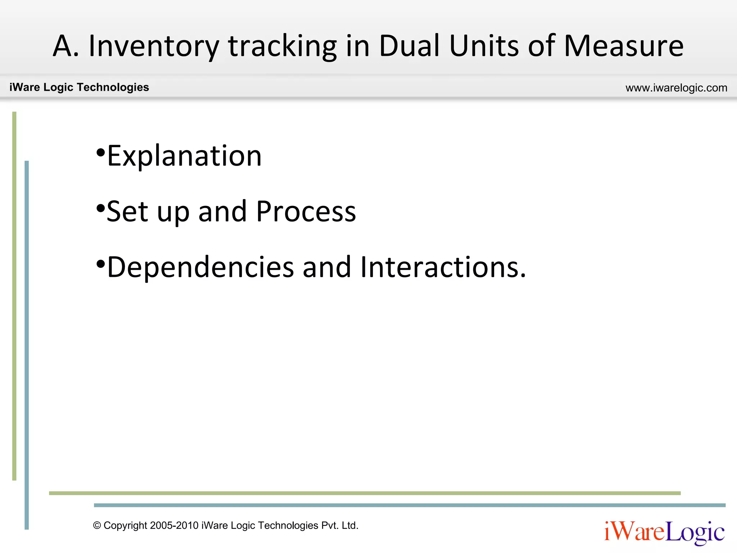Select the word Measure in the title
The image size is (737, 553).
pyautogui.click(x=623, y=46)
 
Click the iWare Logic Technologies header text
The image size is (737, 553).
pyautogui.click(x=79, y=87)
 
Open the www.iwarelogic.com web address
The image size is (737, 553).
pyautogui.click(x=676, y=88)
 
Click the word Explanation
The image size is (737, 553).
pyautogui.click(x=184, y=156)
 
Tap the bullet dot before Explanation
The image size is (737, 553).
pyautogui.click(x=100, y=153)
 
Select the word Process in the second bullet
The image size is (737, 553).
pyautogui.click(x=306, y=212)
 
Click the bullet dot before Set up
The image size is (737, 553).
pyautogui.click(x=100, y=208)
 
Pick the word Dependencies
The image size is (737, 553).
pyautogui.click(x=200, y=267)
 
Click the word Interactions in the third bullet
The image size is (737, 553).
pyautogui.click(x=443, y=267)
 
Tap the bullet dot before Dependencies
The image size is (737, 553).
pyautogui.click(x=100, y=264)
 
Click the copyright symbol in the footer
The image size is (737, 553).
pyautogui.click(x=97, y=526)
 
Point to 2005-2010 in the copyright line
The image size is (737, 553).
pyautogui.click(x=174, y=526)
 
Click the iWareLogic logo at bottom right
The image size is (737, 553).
pyautogui.click(x=664, y=532)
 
